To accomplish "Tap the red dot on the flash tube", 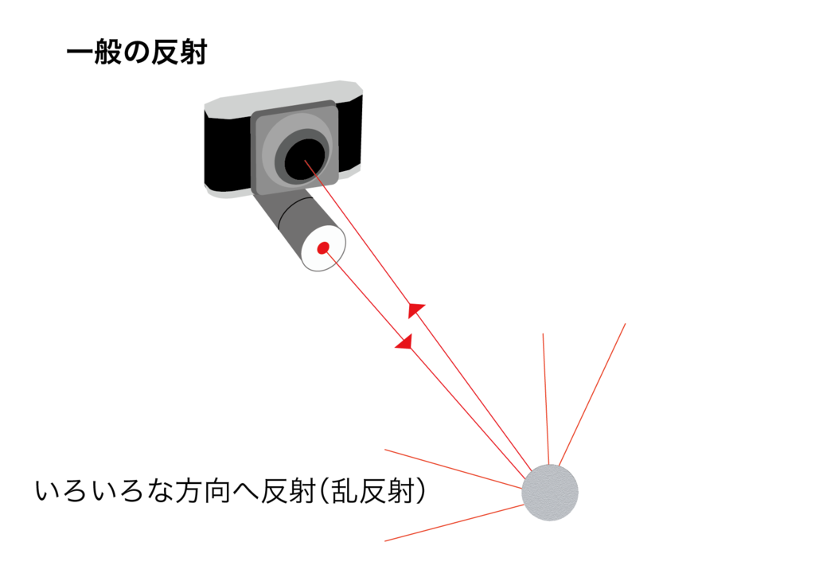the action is click(x=323, y=248).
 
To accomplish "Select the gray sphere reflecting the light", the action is click(x=549, y=493).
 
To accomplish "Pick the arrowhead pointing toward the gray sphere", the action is click(x=404, y=342).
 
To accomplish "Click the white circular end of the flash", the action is click(x=322, y=248).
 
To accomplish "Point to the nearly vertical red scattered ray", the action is click(x=546, y=398).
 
